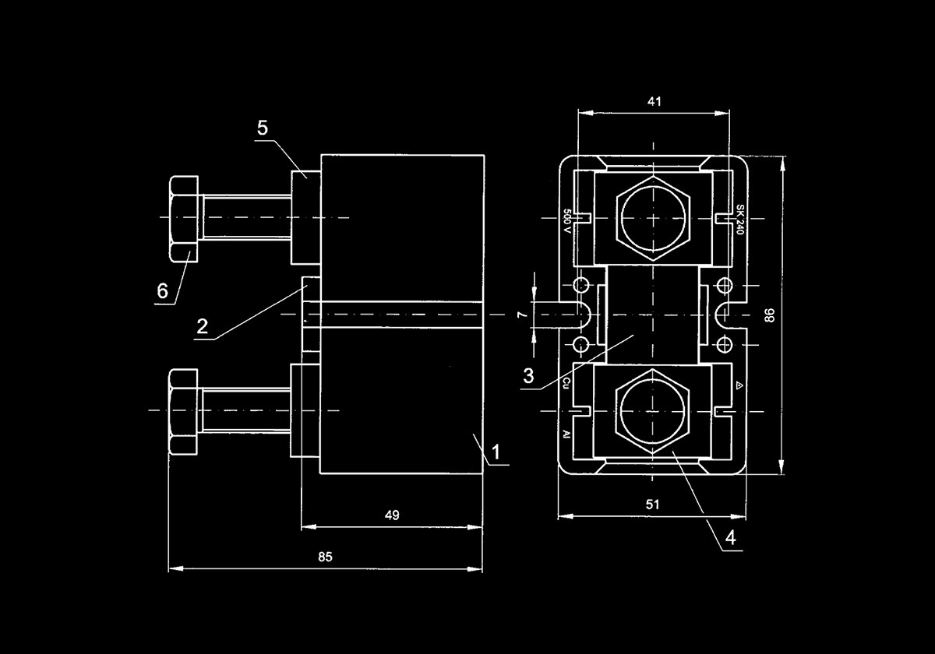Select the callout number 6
[162, 291]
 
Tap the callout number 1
[495, 452]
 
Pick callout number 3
[528, 377]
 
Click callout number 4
[730, 537]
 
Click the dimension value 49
[392, 515]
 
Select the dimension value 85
[325, 557]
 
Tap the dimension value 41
[653, 101]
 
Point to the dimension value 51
[653, 505]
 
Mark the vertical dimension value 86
[770, 315]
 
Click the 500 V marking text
[567, 222]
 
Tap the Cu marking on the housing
[567, 382]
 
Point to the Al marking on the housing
[567, 434]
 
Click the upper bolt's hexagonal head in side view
[184, 217]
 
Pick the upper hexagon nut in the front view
[653, 219]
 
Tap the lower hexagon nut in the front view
[653, 410]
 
